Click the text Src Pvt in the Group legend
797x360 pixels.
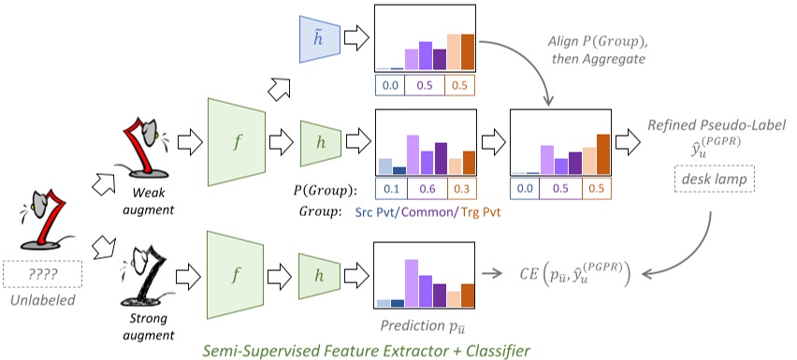click(394, 212)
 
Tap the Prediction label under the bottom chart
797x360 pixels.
click(424, 326)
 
